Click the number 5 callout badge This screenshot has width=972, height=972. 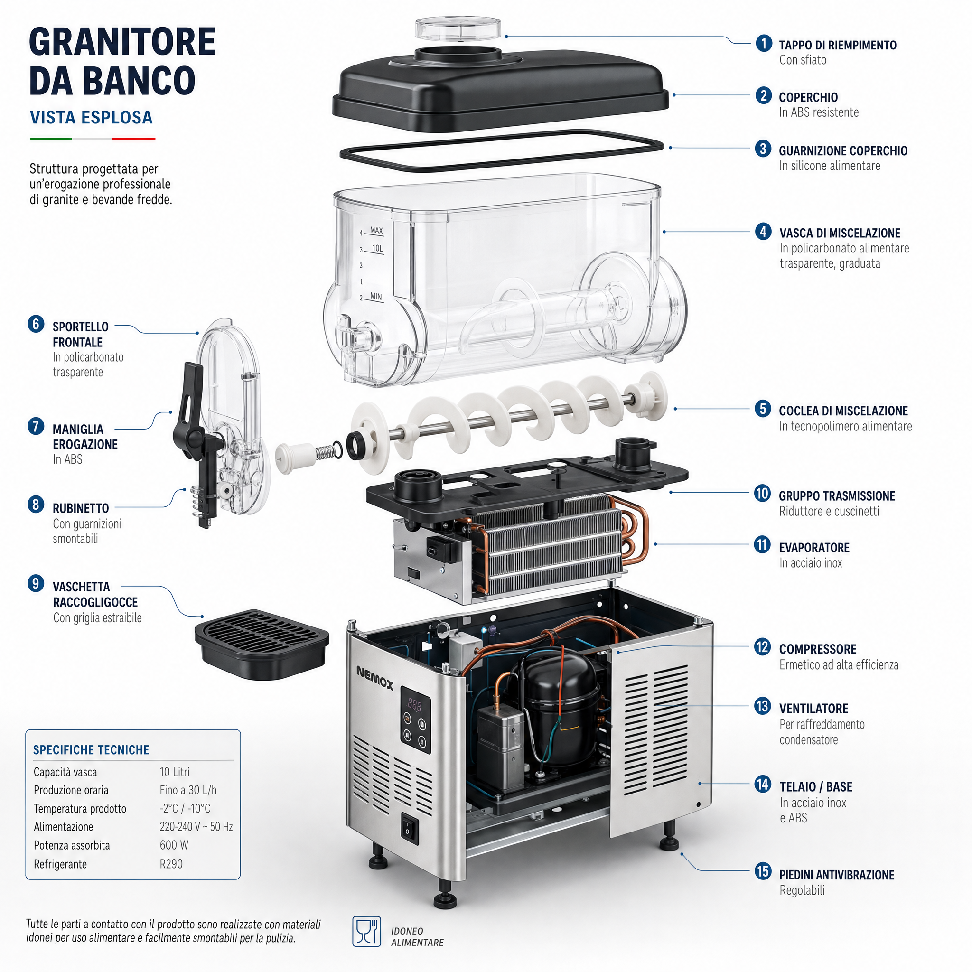pyautogui.click(x=763, y=409)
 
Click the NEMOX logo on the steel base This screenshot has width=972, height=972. pyautogui.click(x=375, y=677)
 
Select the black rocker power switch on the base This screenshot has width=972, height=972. pyautogui.click(x=409, y=827)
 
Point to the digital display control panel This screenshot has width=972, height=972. pyautogui.click(x=416, y=720)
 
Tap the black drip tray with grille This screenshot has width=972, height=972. pyautogui.click(x=262, y=645)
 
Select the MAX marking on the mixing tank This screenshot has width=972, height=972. pyautogui.click(x=376, y=230)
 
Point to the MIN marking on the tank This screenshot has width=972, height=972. pyautogui.click(x=376, y=296)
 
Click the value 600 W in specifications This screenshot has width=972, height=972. pyautogui.click(x=174, y=845)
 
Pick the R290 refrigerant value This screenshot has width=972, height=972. pyautogui.click(x=171, y=864)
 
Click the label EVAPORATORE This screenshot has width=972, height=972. pyautogui.click(x=814, y=547)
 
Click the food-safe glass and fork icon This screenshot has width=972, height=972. pyautogui.click(x=366, y=931)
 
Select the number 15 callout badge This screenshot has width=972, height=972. pyautogui.click(x=763, y=871)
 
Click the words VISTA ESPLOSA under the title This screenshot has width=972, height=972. pyautogui.click(x=91, y=117)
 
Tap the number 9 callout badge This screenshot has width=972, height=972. pyautogui.click(x=36, y=584)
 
